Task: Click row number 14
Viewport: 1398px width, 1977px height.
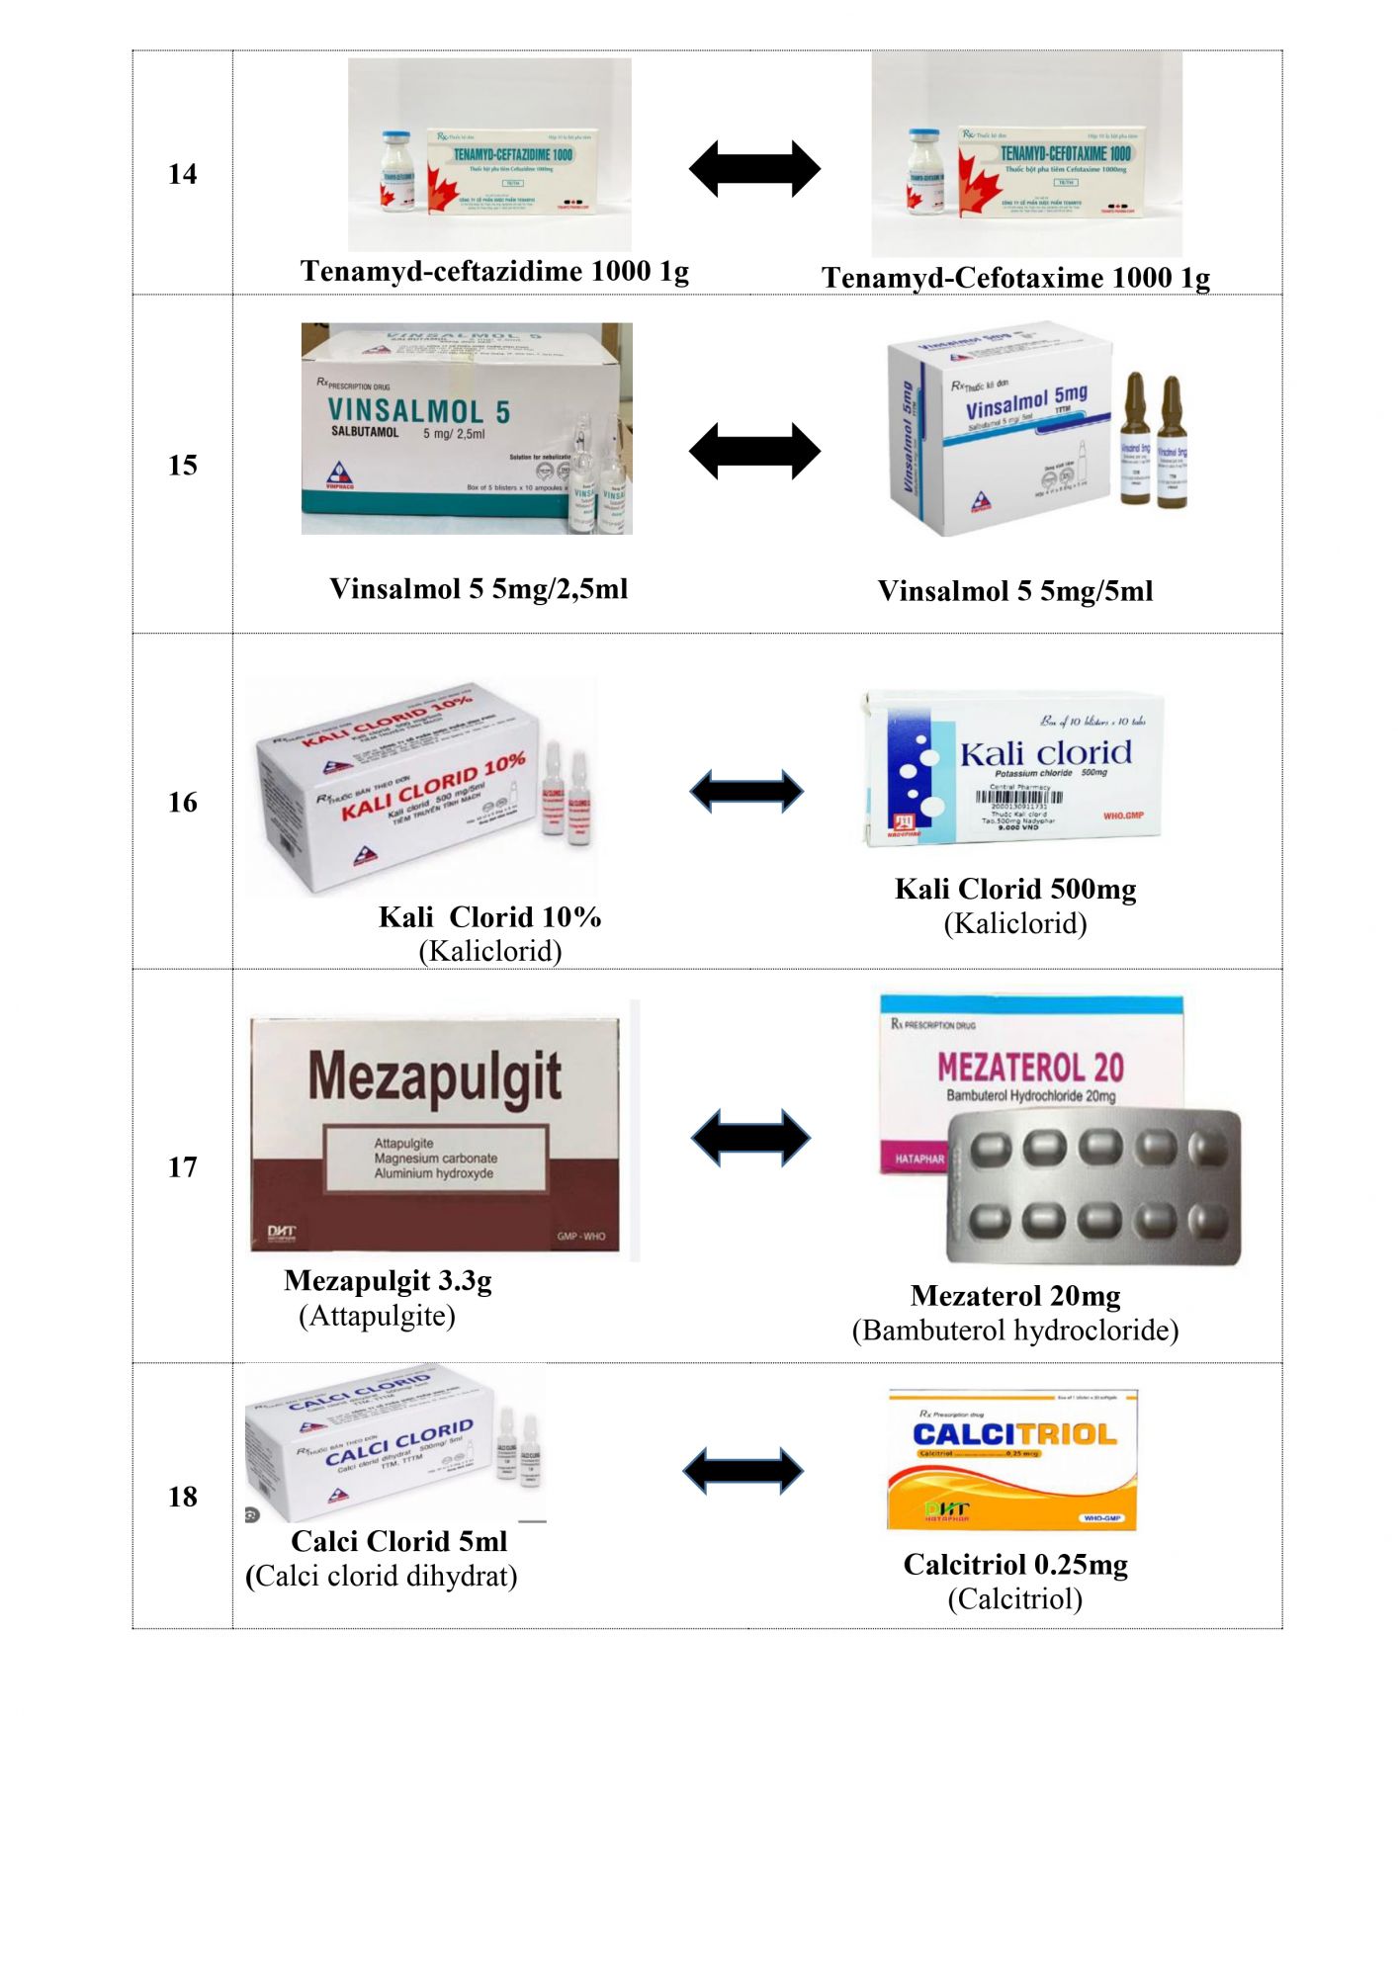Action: [183, 175]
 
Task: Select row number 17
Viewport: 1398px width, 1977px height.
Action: [183, 1167]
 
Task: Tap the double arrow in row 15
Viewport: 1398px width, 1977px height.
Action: [754, 452]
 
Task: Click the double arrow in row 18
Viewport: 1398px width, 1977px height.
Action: [743, 1472]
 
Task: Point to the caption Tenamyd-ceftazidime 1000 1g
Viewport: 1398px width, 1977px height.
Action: [494, 271]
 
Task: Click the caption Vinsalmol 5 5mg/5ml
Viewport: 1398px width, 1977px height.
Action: [1015, 591]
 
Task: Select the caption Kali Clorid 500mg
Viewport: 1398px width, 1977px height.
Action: [1015, 889]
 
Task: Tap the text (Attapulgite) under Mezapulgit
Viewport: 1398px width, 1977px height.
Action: [377, 1316]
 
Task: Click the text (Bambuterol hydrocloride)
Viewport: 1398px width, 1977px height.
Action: [1015, 1331]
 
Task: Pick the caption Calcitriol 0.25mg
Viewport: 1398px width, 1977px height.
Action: [1015, 1564]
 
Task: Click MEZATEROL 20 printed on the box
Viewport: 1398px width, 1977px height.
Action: [1030, 1068]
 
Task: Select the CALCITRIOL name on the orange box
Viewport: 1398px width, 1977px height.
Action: [1013, 1434]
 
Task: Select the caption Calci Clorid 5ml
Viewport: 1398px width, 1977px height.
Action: [398, 1541]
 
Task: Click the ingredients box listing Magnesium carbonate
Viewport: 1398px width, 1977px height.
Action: [435, 1158]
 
